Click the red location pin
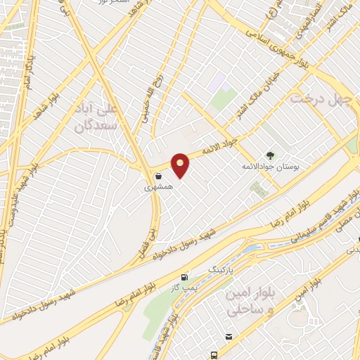(x=181, y=165)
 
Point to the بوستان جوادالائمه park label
(x=271, y=167)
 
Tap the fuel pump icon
(x=184, y=278)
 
